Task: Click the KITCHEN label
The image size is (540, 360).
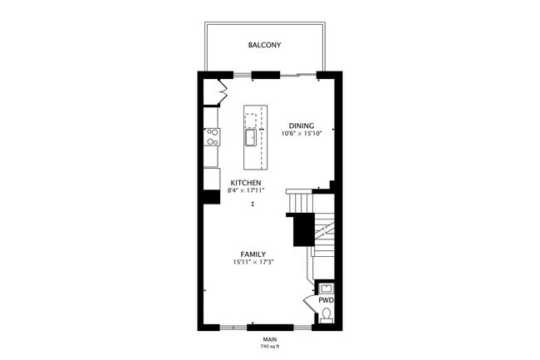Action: tap(247, 182)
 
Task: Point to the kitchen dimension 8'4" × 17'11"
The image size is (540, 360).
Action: tap(246, 190)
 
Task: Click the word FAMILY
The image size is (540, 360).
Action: tap(253, 254)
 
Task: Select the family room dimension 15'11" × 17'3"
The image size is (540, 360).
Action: tap(253, 262)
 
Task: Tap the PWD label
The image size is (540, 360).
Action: tap(326, 299)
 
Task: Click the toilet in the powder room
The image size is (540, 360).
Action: tap(326, 315)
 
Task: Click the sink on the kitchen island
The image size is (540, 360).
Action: tap(250, 137)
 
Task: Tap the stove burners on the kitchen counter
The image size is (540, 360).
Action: tap(213, 137)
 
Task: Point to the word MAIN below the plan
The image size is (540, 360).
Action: tap(269, 338)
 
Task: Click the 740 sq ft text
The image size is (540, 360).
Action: tap(269, 346)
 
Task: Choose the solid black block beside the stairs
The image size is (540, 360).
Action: tap(303, 229)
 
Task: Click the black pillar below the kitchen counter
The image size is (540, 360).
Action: tap(211, 199)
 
